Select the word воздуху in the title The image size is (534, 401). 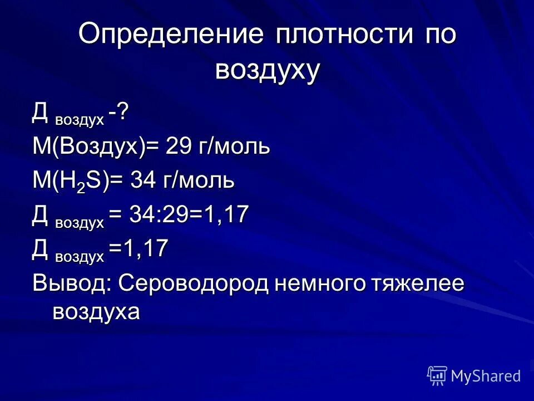click(x=267, y=71)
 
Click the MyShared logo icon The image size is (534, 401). click(x=437, y=375)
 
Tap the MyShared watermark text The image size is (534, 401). click(x=486, y=376)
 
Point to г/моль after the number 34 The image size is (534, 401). click(x=199, y=180)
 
